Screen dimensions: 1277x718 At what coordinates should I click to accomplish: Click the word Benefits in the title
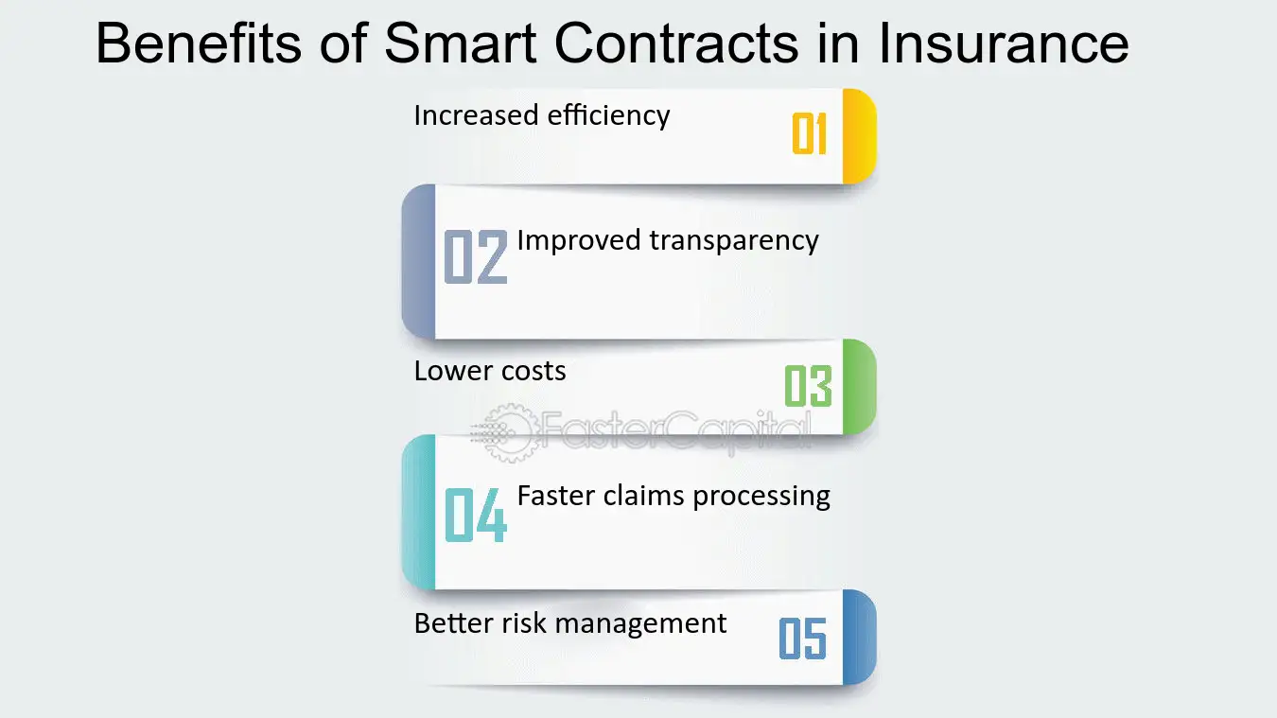coord(199,43)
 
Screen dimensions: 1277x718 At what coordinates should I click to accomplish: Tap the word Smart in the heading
coord(461,43)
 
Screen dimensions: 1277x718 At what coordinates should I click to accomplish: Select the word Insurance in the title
coord(1004,43)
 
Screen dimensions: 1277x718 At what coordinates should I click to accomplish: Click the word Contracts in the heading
coord(676,43)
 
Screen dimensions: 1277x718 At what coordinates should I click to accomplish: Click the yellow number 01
coord(809,133)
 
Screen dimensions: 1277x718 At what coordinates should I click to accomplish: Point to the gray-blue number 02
coord(476,256)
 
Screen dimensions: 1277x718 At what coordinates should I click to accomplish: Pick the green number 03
coord(809,386)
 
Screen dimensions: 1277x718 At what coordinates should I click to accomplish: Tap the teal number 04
coord(476,515)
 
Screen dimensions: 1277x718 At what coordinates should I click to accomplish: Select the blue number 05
coord(803,639)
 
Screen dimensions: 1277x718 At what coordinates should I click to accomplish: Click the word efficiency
coord(609,115)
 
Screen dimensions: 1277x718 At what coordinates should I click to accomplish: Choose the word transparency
coord(734,240)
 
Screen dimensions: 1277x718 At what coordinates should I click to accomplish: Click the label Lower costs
coord(490,371)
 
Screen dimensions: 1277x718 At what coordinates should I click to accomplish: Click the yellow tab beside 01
coord(860,136)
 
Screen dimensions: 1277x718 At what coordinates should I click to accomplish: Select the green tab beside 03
coord(860,387)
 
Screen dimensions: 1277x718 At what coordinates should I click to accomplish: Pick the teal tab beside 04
coord(418,512)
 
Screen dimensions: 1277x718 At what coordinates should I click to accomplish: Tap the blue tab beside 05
coord(860,637)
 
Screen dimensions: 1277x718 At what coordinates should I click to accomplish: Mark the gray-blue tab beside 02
coord(418,261)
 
